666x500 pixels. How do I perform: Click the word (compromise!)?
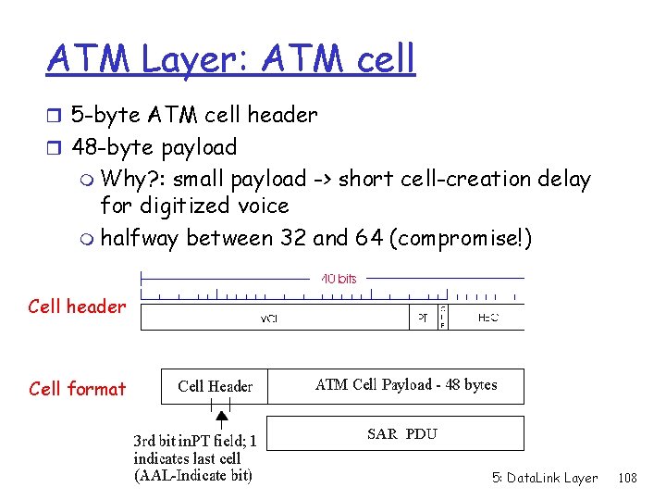click(461, 238)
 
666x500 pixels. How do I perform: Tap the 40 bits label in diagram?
click(339, 278)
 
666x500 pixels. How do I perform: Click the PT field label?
click(422, 317)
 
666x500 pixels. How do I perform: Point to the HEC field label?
click(488, 317)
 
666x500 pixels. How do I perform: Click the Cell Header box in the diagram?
click(215, 386)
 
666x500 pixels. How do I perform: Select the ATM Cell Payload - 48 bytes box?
click(406, 385)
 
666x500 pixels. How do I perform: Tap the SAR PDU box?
click(401, 433)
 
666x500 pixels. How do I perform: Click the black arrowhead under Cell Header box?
click(222, 417)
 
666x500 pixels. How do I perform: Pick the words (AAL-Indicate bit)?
click(192, 476)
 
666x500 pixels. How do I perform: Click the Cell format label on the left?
click(77, 389)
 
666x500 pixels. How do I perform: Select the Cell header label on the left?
click(77, 306)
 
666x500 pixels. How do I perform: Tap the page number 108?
click(627, 478)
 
